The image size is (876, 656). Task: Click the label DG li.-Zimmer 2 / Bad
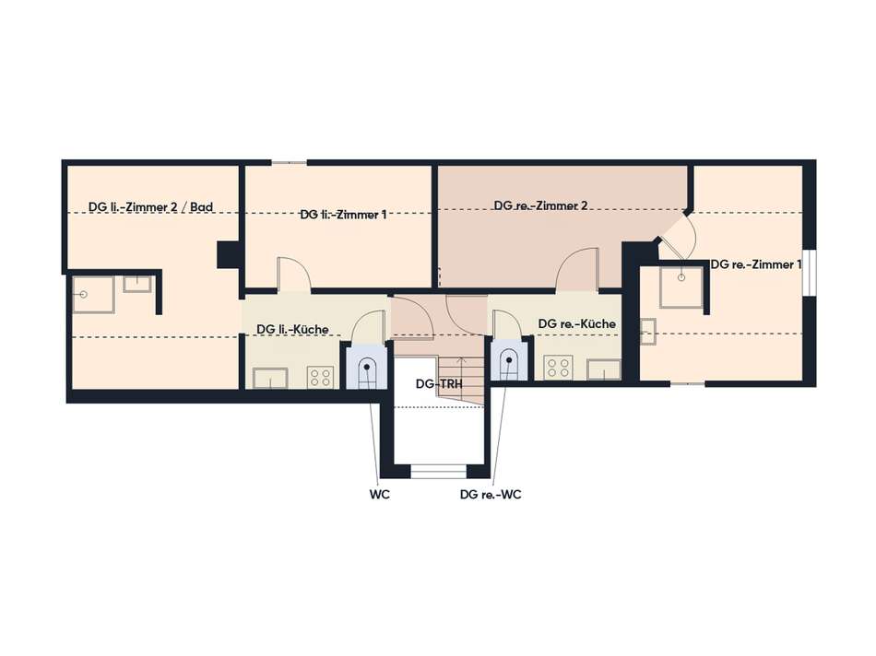point(151,207)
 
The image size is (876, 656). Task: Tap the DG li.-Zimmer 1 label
point(343,215)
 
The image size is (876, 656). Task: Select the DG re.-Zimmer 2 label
point(540,205)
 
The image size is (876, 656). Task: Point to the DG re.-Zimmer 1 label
point(756,264)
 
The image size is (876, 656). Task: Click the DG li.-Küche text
point(292,330)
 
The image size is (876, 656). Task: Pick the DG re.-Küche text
point(576,323)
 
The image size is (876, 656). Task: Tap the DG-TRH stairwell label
point(439,384)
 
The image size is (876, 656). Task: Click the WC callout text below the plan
point(379,495)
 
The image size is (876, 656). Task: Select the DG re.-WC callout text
point(491,495)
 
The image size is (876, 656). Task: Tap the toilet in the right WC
point(509,364)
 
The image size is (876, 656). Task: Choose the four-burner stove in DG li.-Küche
point(320,377)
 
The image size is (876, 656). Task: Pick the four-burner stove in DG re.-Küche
point(558,369)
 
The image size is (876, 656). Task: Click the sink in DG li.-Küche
point(270,378)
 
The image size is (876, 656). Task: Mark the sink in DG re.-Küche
point(603,369)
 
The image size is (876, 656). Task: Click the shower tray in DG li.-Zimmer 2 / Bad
point(93,294)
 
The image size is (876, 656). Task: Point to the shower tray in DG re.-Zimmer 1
point(681,287)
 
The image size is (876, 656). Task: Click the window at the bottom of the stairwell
point(439,472)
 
